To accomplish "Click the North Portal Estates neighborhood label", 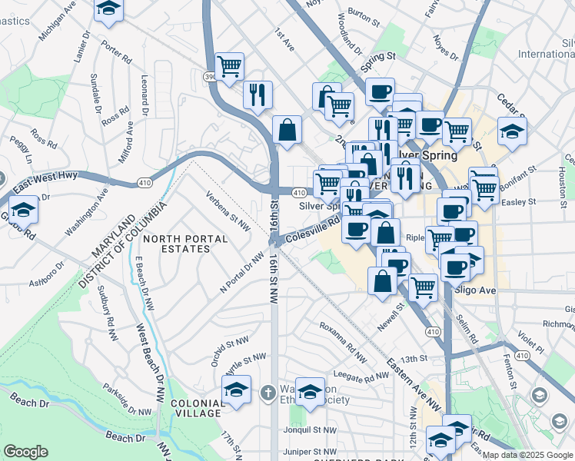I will click(x=185, y=244).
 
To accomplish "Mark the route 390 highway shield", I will click(x=210, y=77).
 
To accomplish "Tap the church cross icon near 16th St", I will click(x=267, y=393).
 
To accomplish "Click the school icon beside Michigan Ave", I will click(x=109, y=9).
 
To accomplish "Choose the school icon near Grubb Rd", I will click(x=24, y=210).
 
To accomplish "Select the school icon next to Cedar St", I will click(x=512, y=131).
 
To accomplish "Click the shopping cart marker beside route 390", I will click(x=229, y=66).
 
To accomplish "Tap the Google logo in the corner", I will click(x=25, y=451).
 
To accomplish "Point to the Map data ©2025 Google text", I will click(x=527, y=455).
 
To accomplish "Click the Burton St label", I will click(x=364, y=13).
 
